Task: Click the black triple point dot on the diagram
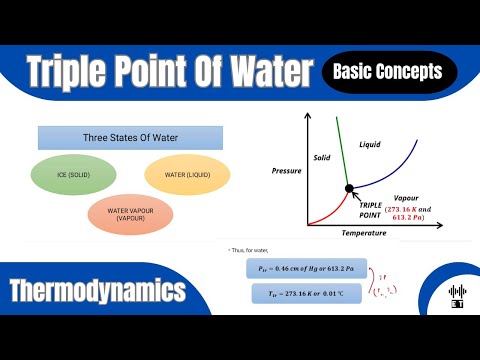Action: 348,187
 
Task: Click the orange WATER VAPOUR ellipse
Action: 126,213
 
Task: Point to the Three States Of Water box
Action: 129,137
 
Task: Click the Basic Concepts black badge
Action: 391,71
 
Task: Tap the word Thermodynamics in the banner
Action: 97,291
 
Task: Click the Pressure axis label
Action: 287,171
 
